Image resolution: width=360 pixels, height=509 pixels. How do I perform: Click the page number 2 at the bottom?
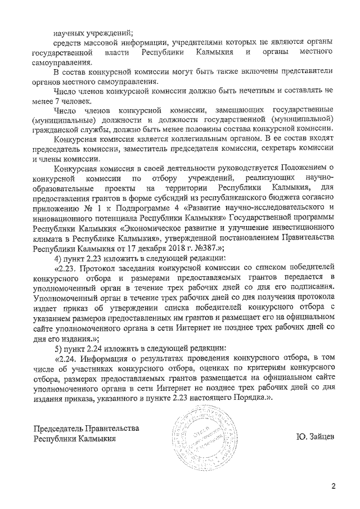click(333, 487)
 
